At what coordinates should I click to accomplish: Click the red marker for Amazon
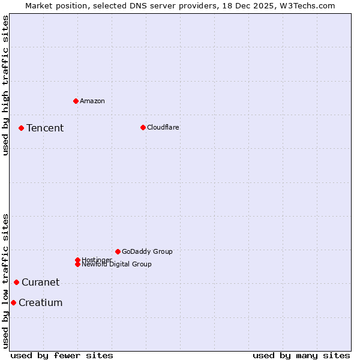tap(76, 101)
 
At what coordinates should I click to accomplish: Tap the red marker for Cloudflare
tap(143, 127)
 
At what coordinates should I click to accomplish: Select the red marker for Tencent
tap(21, 128)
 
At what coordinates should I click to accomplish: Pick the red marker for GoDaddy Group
tap(118, 251)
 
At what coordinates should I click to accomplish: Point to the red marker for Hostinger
tap(77, 260)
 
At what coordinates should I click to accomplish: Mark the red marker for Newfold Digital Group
tap(77, 264)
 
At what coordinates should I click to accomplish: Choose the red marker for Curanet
tap(16, 282)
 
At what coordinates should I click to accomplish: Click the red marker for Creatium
tap(13, 302)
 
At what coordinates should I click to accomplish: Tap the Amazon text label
tap(92, 101)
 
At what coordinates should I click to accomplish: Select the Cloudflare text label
tap(163, 127)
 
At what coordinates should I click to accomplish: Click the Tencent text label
tap(45, 128)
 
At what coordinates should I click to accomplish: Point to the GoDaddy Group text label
tap(147, 251)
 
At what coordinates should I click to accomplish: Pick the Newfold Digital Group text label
tap(117, 265)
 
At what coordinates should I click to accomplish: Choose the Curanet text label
tap(41, 282)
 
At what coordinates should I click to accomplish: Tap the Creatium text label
tap(41, 302)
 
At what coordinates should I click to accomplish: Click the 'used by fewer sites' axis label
tap(62, 355)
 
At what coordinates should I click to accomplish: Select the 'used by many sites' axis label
tap(301, 355)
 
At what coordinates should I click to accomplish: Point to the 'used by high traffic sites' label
tap(6, 85)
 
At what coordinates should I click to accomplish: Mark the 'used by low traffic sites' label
tap(6, 281)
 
